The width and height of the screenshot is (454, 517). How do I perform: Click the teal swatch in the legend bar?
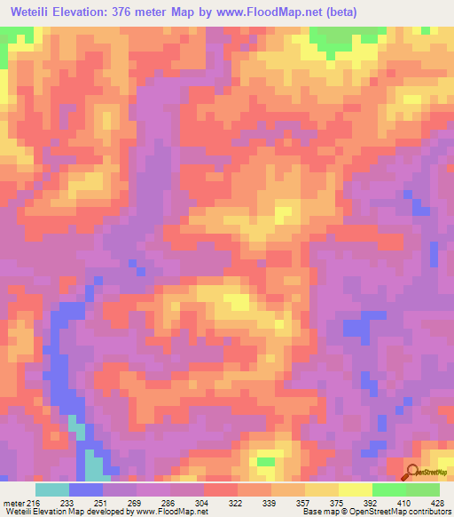click(x=51, y=489)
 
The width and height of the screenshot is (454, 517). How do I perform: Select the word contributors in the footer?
click(x=428, y=512)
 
